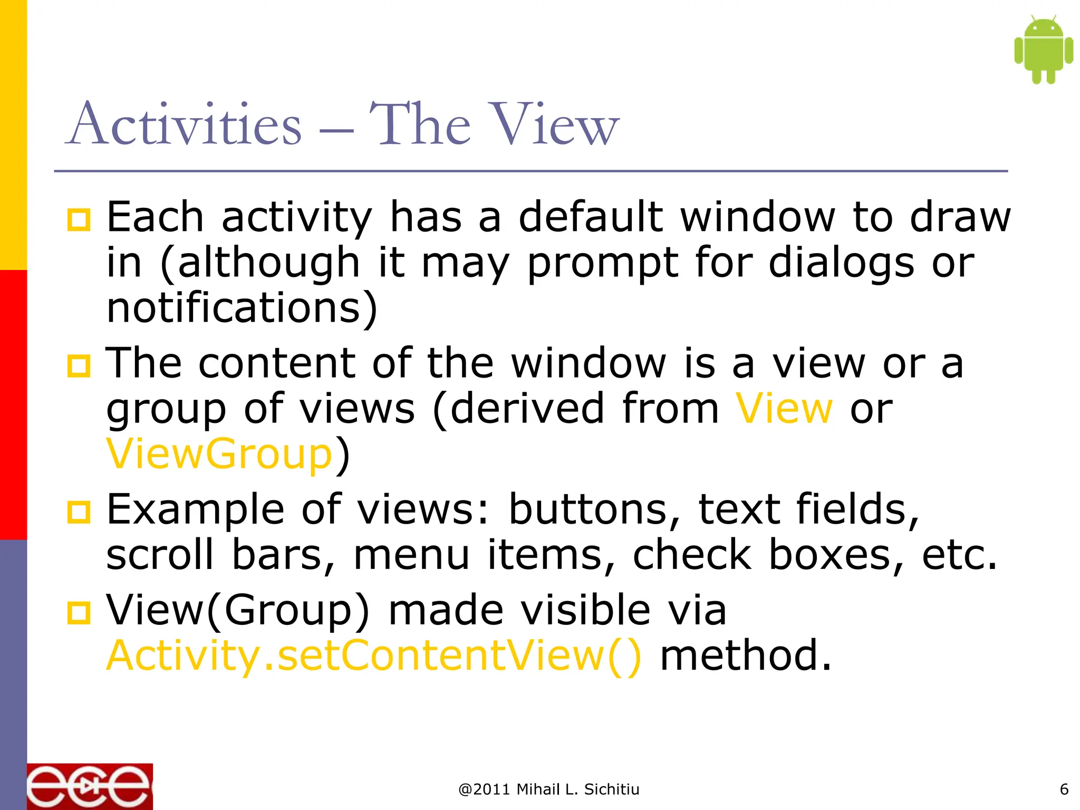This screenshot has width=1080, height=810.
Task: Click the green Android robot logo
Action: point(1043,50)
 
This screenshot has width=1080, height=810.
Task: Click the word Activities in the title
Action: point(185,124)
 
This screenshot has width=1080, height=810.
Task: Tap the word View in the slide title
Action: point(548,124)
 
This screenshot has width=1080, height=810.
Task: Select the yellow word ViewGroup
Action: point(219,454)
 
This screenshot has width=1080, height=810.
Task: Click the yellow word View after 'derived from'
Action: point(784,409)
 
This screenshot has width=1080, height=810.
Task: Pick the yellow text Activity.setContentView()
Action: point(374,655)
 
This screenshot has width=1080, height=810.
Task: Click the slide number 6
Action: point(1064,789)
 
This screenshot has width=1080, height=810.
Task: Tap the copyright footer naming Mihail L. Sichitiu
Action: point(548,789)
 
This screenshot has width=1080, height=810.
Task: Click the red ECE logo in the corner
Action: point(90,786)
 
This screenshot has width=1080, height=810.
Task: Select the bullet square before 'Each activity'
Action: point(79,219)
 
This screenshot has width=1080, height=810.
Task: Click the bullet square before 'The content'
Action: point(79,365)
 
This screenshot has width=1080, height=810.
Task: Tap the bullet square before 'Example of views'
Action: point(79,512)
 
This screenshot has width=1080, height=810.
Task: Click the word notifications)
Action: point(242,308)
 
